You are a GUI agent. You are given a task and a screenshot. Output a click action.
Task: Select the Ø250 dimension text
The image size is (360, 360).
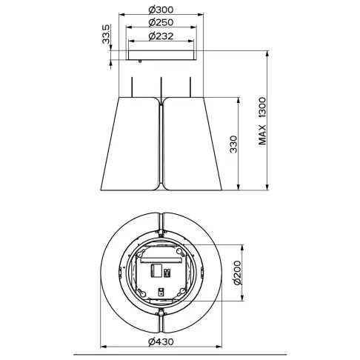coord(161,24)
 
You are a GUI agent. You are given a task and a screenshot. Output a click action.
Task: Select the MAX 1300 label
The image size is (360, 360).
coord(261,122)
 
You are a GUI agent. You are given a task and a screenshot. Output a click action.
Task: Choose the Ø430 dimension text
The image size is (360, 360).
coord(161,341)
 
